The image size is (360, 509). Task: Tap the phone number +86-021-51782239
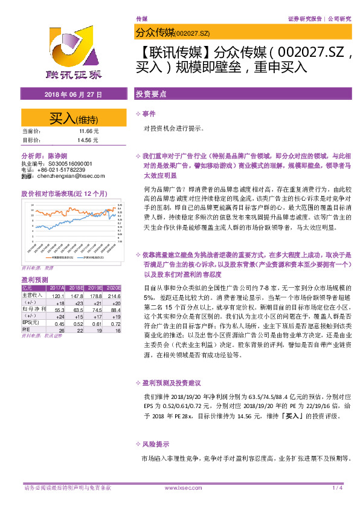(x=69, y=170)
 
